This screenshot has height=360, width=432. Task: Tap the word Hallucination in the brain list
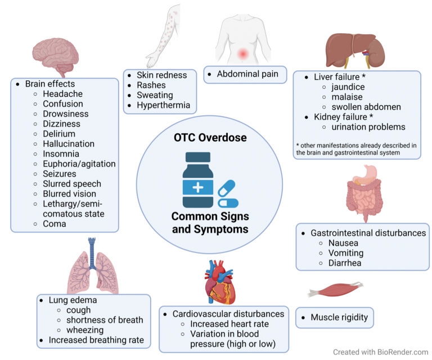tap(69, 144)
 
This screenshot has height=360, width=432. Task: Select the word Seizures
tap(60, 174)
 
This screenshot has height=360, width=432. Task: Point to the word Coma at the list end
tap(54, 224)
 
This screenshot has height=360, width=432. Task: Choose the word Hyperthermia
tap(163, 105)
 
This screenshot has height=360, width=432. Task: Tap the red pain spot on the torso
tap(243, 53)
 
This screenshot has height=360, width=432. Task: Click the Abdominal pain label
tap(247, 74)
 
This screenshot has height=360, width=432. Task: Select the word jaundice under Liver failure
tap(348, 87)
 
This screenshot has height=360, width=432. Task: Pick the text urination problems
tap(368, 127)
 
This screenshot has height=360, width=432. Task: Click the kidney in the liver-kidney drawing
tap(376, 52)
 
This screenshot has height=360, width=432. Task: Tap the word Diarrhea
tap(345, 263)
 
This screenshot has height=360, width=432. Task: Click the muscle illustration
tap(336, 290)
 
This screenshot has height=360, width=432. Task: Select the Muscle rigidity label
tap(339, 317)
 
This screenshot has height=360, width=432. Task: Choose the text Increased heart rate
tap(229, 324)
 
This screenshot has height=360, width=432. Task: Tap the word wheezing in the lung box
tap(85, 330)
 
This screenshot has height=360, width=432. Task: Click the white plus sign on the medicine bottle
tap(198, 188)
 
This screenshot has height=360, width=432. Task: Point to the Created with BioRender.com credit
tap(380, 352)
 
